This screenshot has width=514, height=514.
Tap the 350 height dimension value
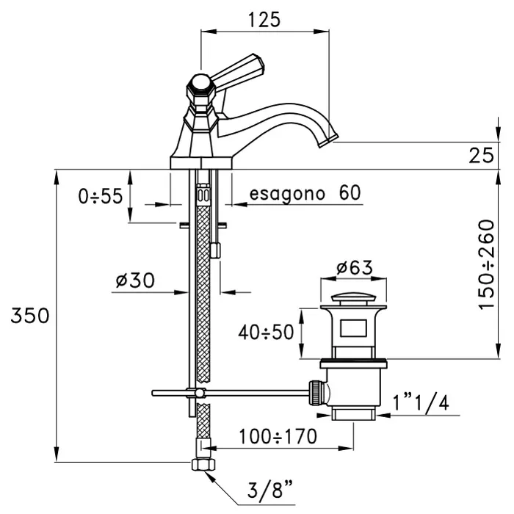pos(30,316)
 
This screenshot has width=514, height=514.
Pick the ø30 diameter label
pos(136,280)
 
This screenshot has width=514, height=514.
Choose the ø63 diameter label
pos(354,268)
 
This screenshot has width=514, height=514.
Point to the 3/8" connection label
pos(262,491)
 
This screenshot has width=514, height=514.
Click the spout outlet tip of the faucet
pos(330,137)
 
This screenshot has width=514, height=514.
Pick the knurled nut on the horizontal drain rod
pos(315,392)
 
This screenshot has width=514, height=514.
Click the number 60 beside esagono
pos(350,193)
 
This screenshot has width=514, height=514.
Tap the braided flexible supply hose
pos(204,294)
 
